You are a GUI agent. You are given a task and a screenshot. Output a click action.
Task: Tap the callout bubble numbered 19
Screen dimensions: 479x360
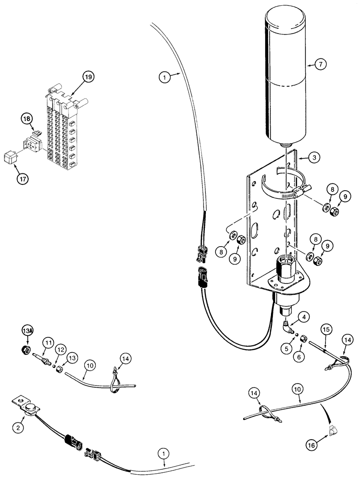coord(89,76)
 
